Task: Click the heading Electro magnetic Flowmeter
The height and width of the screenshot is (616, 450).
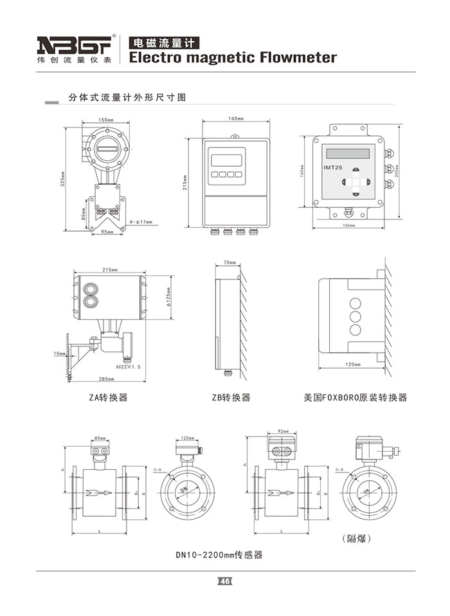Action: (233, 58)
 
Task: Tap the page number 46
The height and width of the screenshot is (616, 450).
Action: (224, 581)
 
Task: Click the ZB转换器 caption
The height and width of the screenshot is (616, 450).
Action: (231, 397)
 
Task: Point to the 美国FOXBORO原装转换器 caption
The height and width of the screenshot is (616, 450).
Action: (355, 397)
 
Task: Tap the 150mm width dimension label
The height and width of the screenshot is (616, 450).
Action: (106, 120)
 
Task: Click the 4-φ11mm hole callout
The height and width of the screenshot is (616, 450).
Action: (141, 222)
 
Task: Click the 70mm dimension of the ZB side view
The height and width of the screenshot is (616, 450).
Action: (230, 263)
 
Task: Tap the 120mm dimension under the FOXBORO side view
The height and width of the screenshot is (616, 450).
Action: (352, 364)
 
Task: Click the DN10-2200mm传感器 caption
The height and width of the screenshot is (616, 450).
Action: (219, 554)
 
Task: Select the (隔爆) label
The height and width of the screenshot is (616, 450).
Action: (356, 537)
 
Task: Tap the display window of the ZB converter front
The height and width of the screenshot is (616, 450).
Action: (226, 160)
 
